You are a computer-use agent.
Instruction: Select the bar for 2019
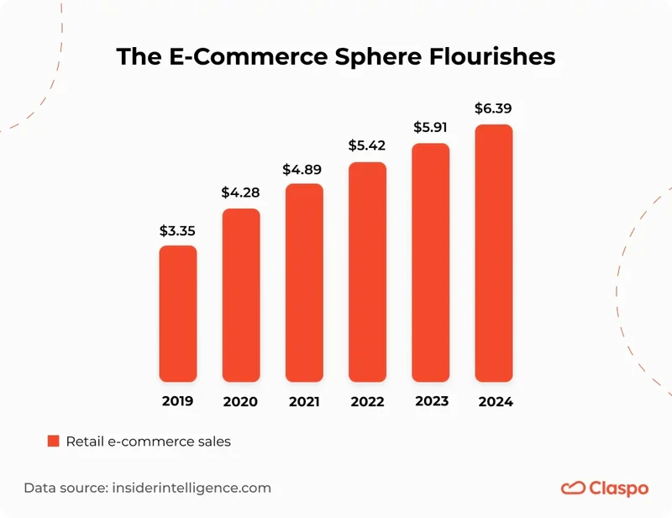[178, 314]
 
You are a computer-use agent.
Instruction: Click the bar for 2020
[241, 295]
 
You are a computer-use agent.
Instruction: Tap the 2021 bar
[304, 283]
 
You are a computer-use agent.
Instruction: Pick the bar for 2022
[367, 272]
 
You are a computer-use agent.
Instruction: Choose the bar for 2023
[431, 262]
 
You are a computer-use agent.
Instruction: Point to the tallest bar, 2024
[494, 253]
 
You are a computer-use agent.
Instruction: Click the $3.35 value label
[178, 230]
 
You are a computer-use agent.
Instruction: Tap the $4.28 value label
[241, 193]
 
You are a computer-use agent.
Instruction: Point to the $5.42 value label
[367, 146]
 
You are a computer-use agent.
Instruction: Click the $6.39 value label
[494, 108]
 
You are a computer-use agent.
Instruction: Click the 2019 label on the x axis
[178, 401]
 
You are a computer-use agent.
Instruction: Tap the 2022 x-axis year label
[367, 401]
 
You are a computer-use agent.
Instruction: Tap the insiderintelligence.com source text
[191, 488]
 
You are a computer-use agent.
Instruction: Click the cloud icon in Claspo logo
[573, 488]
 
